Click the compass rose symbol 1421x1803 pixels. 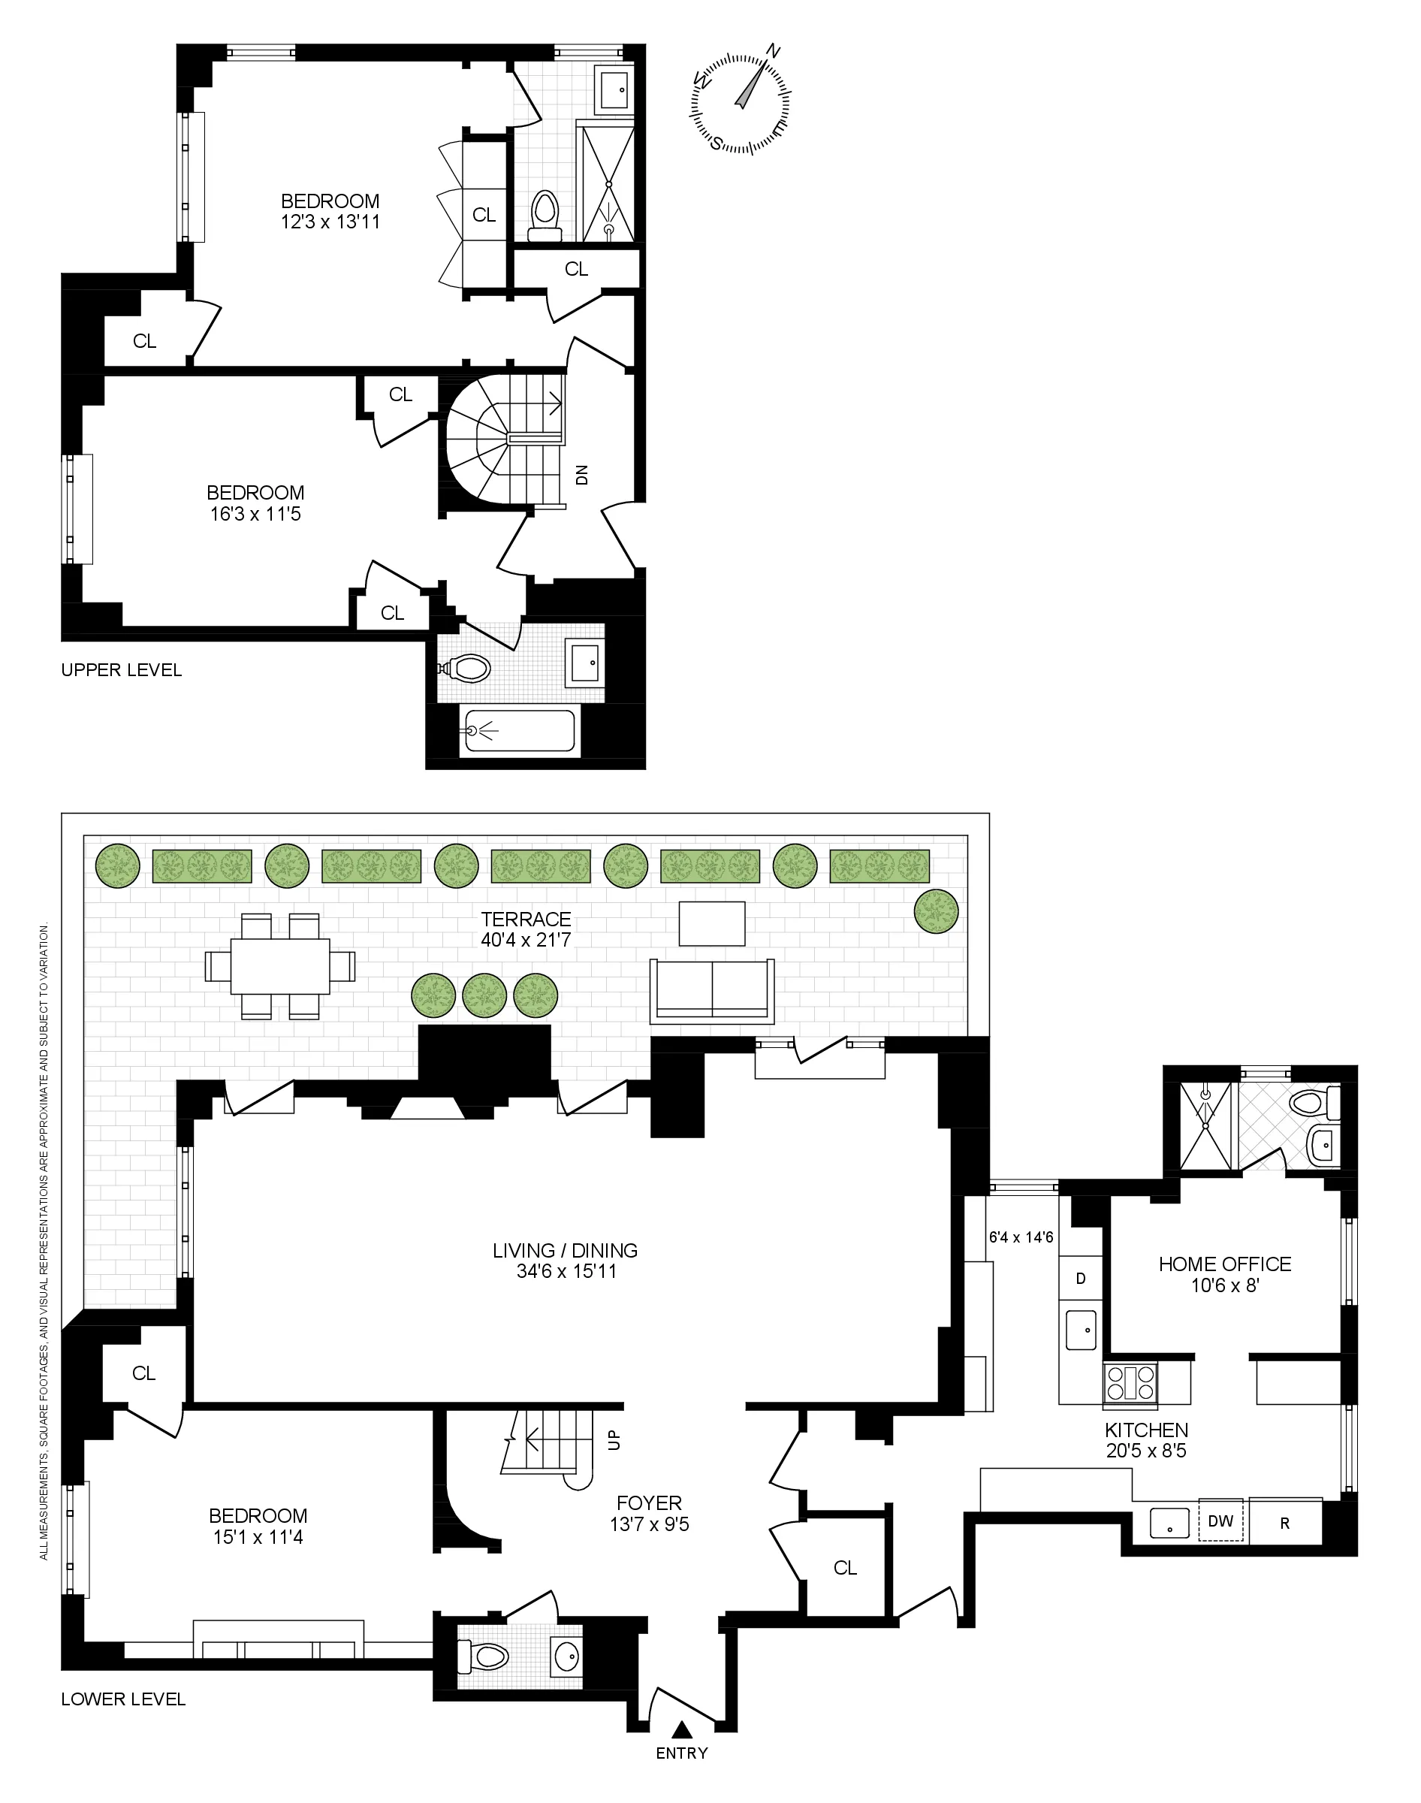(740, 103)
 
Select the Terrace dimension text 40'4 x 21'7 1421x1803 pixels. (526, 940)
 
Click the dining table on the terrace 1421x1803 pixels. (279, 966)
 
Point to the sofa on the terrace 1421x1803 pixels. (713, 990)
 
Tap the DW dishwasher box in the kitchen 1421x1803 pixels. (1220, 1521)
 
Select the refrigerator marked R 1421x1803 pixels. (1284, 1523)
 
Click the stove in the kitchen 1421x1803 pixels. (1130, 1385)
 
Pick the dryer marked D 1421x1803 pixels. (1081, 1278)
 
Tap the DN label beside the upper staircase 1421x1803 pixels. (582, 474)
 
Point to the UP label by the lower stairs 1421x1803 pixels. (614, 1440)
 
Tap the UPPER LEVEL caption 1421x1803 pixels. (122, 670)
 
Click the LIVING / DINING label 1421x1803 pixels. (565, 1249)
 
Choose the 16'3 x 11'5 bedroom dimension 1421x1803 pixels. (255, 514)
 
